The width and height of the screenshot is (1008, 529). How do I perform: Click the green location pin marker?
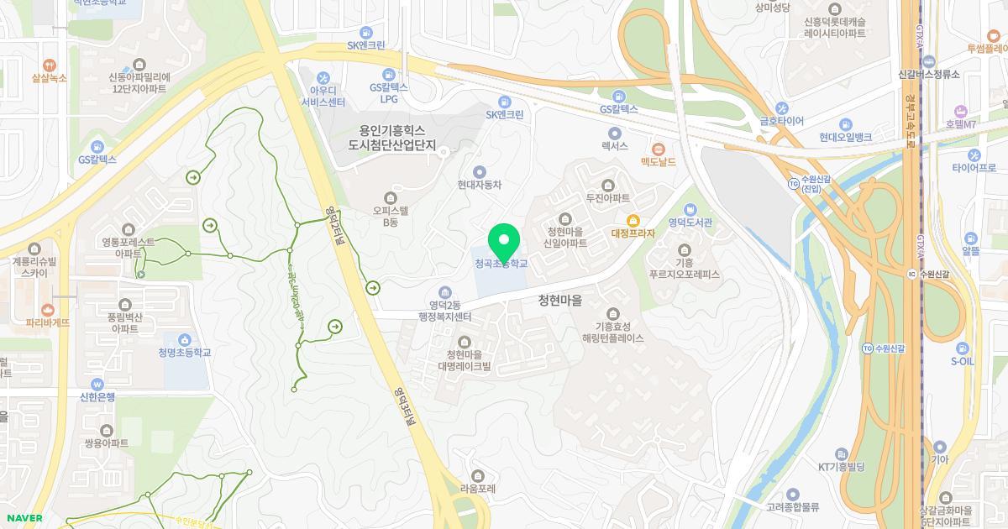pyautogui.click(x=503, y=243)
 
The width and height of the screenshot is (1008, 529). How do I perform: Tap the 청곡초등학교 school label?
pyautogui.click(x=501, y=264)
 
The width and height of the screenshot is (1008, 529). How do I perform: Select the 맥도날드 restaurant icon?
pyautogui.click(x=659, y=149)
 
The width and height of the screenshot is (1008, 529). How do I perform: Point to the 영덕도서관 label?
pyautogui.click(x=690, y=223)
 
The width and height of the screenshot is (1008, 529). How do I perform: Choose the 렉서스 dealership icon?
pyautogui.click(x=614, y=133)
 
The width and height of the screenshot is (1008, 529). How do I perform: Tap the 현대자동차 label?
pyautogui.click(x=480, y=185)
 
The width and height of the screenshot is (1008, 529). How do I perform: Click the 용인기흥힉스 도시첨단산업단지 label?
pyautogui.click(x=392, y=139)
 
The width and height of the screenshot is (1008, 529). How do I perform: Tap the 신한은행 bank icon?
pyautogui.click(x=97, y=384)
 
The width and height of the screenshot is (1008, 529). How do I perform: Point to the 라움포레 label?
pyautogui.click(x=478, y=488)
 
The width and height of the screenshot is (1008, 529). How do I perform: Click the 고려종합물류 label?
pyautogui.click(x=793, y=507)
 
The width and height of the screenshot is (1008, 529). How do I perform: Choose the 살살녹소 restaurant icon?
pyautogui.click(x=49, y=65)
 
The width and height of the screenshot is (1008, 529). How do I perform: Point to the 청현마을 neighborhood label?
pyautogui.click(x=560, y=300)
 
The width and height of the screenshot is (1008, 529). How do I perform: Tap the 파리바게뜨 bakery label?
pyautogui.click(x=48, y=322)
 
